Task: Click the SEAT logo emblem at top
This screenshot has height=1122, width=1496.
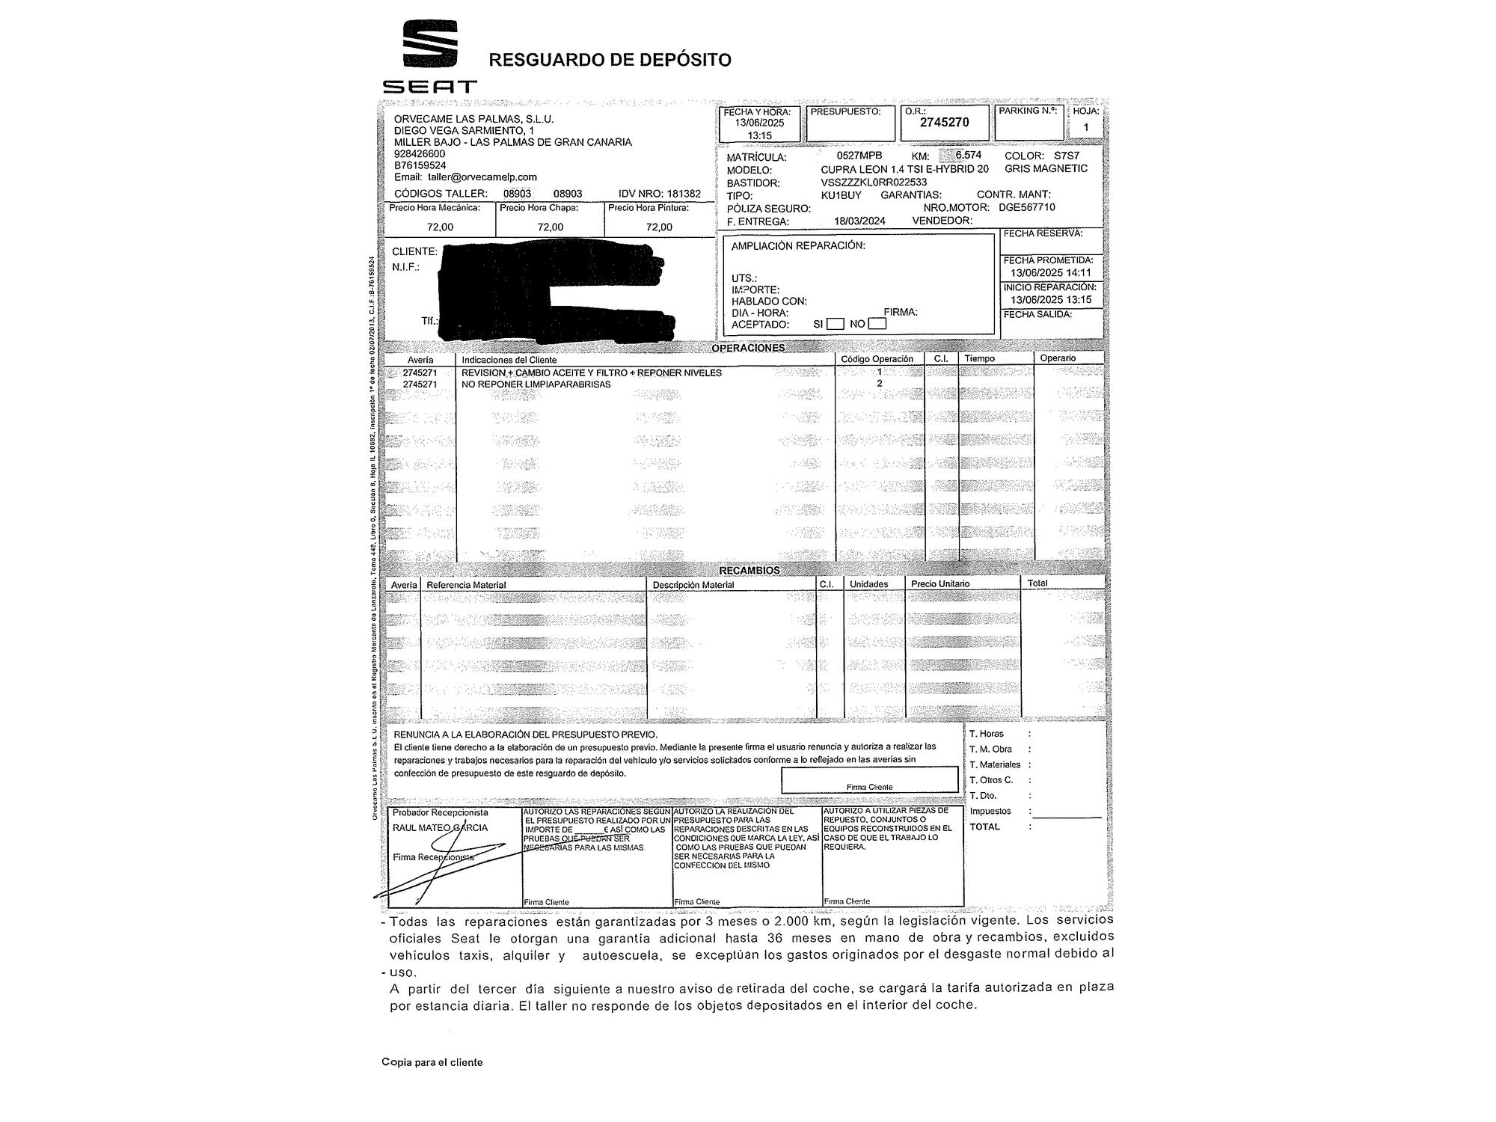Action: (x=430, y=45)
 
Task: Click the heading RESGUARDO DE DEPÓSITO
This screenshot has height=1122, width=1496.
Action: (x=610, y=60)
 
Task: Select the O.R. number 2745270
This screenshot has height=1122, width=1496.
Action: (x=945, y=123)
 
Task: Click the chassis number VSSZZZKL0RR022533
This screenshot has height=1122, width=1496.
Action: (x=874, y=182)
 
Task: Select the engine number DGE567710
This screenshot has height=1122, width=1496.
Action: (x=1027, y=207)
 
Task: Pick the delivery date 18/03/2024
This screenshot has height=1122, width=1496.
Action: (x=859, y=221)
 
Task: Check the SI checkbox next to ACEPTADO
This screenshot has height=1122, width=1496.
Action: (x=836, y=324)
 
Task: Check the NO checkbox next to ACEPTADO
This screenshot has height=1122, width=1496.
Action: (x=877, y=324)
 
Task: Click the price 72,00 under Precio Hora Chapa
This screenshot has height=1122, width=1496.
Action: (x=551, y=227)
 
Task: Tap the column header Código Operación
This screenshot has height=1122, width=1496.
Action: (x=877, y=359)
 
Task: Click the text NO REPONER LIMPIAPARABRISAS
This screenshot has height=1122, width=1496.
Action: (x=536, y=384)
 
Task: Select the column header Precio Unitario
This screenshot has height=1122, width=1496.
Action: (x=939, y=584)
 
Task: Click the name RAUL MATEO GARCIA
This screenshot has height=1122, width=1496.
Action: (x=440, y=828)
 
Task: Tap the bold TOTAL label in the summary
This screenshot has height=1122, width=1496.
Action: (x=984, y=827)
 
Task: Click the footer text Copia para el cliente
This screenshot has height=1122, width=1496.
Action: (x=432, y=1062)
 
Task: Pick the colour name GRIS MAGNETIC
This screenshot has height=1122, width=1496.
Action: (x=1046, y=168)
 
